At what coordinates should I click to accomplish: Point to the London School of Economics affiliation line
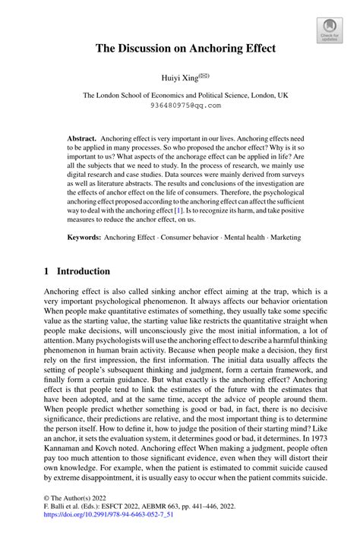(179, 96)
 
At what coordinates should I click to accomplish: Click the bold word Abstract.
(81, 140)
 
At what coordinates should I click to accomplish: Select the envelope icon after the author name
(204, 75)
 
